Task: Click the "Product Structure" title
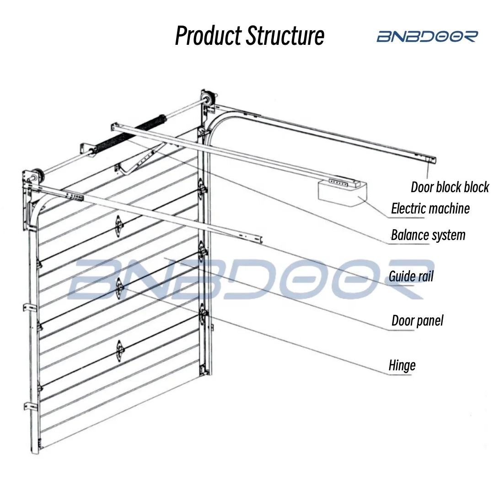[x=249, y=36]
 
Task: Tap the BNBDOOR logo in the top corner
[x=427, y=37]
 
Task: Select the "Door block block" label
[x=450, y=187]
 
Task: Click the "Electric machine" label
[x=430, y=209]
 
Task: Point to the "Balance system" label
[x=428, y=235]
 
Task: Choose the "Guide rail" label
[x=411, y=276]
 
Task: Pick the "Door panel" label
[x=417, y=321]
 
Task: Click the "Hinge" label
[x=402, y=365]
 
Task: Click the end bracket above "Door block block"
[x=430, y=160]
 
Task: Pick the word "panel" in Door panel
[x=430, y=321]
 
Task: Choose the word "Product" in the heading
[x=209, y=36]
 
